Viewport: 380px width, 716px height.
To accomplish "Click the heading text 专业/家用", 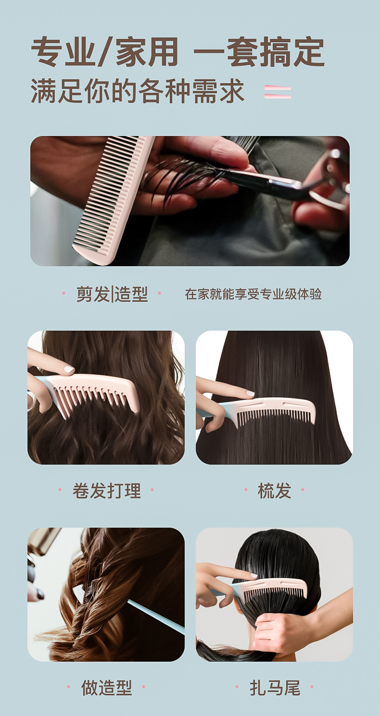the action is [x=104, y=52].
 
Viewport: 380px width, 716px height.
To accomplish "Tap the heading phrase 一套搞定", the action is [x=259, y=52].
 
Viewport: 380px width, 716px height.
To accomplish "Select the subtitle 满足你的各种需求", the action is [x=137, y=91].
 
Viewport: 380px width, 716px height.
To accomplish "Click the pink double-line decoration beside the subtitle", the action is [x=278, y=92].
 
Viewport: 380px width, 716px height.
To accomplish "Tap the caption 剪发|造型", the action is [x=112, y=294].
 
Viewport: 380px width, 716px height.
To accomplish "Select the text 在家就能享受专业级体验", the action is [x=253, y=294].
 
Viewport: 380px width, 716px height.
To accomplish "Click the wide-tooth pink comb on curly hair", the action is [x=93, y=393].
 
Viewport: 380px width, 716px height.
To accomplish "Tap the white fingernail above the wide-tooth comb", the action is [x=69, y=370].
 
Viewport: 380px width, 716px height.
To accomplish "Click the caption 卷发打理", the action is [x=106, y=491].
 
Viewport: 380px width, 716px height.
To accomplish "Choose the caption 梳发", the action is [x=274, y=491].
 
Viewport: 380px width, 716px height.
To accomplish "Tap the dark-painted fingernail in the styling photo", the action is [x=40, y=595].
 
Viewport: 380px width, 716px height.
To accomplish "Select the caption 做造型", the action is [x=106, y=688].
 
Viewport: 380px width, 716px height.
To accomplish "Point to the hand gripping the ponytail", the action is [x=281, y=628].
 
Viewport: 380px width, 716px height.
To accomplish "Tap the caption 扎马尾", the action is [x=275, y=688].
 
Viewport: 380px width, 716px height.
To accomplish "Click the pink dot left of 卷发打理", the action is [x=60, y=490].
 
